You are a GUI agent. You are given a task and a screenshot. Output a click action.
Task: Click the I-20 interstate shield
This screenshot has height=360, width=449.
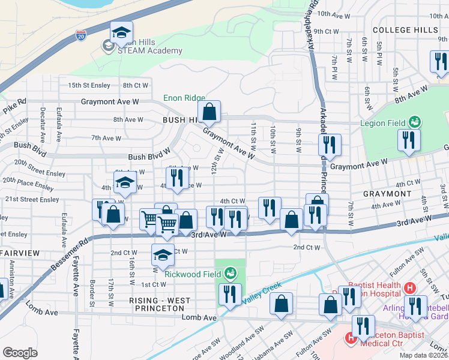80,36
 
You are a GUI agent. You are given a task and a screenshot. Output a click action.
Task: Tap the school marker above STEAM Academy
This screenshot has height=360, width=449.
121,34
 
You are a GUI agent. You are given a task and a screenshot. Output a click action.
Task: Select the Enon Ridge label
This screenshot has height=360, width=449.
184,98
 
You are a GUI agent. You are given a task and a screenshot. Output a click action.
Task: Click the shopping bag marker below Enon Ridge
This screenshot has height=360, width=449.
209,112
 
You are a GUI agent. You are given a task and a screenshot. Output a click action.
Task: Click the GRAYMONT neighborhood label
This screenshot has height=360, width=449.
387,194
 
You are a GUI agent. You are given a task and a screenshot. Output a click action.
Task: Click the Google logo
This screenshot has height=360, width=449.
20,352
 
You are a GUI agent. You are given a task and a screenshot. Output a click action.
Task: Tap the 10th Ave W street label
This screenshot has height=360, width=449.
333,13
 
